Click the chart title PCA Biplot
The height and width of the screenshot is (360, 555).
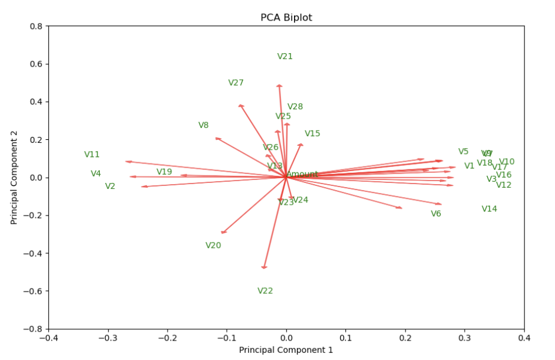pos(286,18)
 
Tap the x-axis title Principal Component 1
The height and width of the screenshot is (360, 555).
pos(286,350)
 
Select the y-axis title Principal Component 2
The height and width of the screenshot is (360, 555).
pos(14,177)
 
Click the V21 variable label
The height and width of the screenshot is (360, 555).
pos(285,57)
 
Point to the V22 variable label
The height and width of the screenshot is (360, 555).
pos(265,291)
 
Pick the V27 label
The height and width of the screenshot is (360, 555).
pos(236,83)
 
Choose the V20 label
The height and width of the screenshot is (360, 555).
pos(213,246)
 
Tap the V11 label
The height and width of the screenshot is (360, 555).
pos(92,155)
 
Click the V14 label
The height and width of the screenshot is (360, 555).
pos(489,209)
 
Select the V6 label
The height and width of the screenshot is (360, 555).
pos(436,214)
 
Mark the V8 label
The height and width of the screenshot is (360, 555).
pos(204,125)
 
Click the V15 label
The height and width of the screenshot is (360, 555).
pos(312,134)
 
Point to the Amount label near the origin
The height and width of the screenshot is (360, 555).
pos(302,175)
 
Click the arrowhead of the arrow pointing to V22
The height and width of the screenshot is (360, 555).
pos(264,267)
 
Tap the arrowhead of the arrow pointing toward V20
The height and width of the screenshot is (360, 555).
pos(223,233)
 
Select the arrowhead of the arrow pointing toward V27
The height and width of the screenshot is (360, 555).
pos(241,106)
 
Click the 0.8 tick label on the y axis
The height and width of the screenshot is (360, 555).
pos(37,26)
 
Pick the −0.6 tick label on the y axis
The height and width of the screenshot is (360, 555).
pos(34,291)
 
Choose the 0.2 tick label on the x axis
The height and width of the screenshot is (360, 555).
pos(405,338)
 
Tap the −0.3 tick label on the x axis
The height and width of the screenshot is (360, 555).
pos(107,338)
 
